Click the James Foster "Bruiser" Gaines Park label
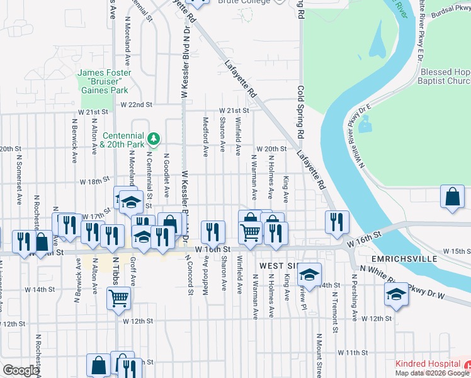point(105,81)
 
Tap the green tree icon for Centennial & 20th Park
point(153,138)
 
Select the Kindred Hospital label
point(427,364)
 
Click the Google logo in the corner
point(20,370)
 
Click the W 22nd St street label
point(137,105)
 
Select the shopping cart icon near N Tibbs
point(119,298)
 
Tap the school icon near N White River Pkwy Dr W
point(396,294)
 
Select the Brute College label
point(244,2)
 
